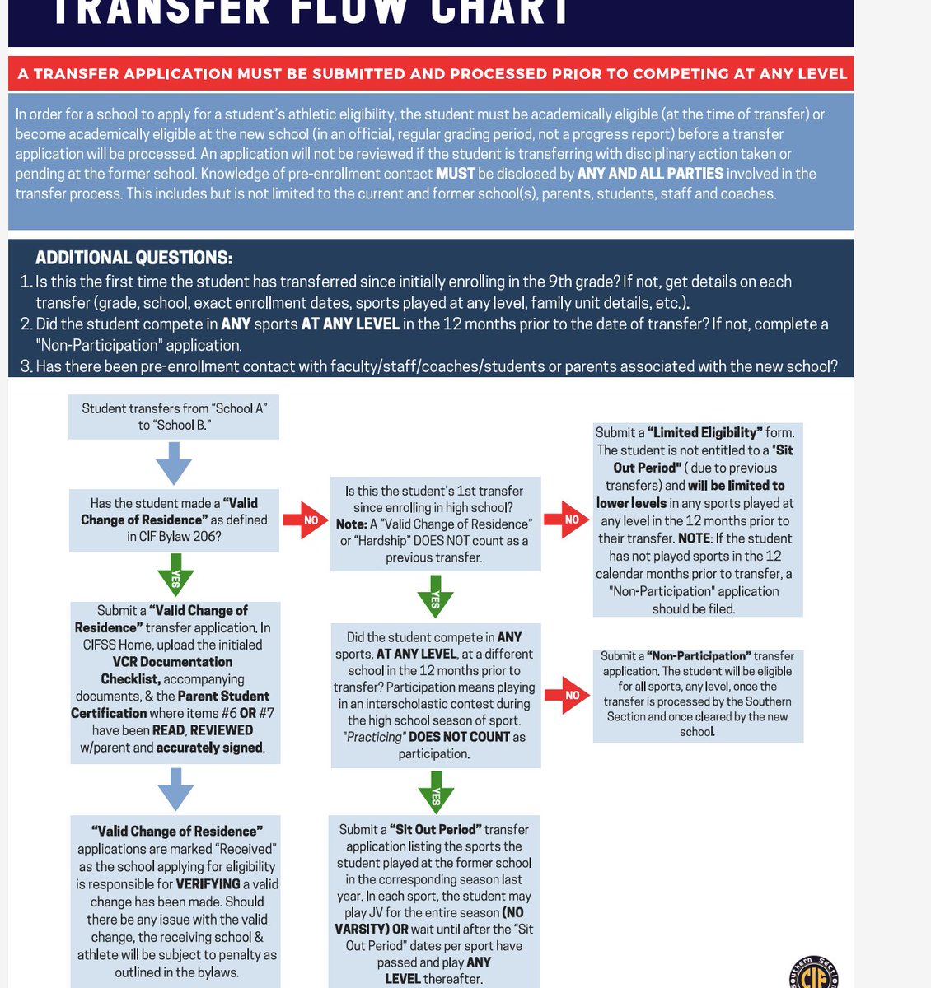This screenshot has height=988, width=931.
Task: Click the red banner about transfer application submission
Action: (431, 73)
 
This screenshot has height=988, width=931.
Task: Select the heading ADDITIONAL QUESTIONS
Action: (133, 258)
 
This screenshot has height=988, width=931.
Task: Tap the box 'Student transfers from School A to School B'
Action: (174, 417)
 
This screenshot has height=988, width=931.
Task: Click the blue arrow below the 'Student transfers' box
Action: (174, 463)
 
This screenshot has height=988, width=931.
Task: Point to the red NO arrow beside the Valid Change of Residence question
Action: (306, 520)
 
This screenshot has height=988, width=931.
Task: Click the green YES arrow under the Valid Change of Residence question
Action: (175, 575)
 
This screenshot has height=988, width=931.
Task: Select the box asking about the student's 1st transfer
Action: (435, 524)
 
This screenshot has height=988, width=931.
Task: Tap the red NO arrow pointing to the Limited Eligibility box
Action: (566, 520)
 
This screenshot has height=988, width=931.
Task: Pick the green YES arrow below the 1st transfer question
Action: (435, 596)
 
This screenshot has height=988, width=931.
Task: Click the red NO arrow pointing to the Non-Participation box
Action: (567, 695)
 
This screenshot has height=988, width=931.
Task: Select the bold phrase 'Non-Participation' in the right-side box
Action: (699, 656)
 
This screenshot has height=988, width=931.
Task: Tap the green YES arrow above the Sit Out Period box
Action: (435, 793)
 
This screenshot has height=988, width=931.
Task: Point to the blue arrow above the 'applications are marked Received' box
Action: (175, 789)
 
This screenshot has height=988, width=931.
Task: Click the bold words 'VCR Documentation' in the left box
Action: (172, 662)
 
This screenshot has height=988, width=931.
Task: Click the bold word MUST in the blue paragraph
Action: (455, 174)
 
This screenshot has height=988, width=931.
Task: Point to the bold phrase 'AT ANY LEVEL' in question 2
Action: (350, 324)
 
